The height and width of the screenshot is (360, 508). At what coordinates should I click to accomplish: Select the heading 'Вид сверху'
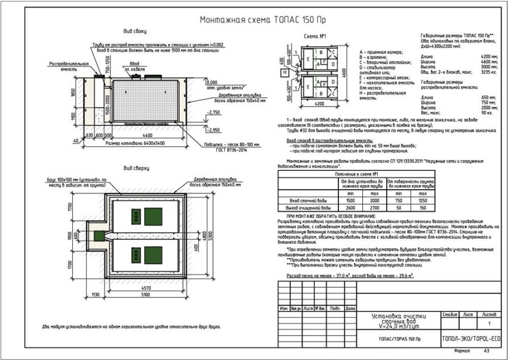pos(136,168)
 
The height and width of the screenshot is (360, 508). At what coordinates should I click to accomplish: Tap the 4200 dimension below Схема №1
pos(319,104)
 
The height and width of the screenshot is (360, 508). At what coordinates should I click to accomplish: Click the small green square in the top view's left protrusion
pos(98,235)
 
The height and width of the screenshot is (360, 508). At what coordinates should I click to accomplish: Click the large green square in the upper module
pos(153,216)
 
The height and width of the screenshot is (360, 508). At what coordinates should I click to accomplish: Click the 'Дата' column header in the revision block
pos(350,308)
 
